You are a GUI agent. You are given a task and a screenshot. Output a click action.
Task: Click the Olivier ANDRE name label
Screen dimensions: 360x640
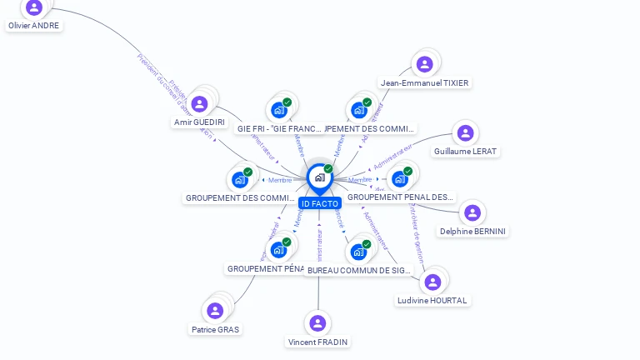tap(34, 26)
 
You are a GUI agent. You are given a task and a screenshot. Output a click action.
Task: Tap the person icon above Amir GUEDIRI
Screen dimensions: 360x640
tap(199, 104)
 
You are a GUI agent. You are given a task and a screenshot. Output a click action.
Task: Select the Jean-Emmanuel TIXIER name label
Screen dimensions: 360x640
tap(424, 82)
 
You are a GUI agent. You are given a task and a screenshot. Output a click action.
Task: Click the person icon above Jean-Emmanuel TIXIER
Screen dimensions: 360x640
tap(425, 64)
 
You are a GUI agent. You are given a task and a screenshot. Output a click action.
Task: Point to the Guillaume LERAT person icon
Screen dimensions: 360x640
tap(465, 132)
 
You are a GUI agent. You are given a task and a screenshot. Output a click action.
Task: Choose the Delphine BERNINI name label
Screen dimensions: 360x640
tap(472, 231)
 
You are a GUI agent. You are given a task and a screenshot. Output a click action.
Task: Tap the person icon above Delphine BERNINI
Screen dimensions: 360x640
tap(472, 212)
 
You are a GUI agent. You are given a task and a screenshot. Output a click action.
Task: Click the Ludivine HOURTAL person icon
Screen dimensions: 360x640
tap(432, 282)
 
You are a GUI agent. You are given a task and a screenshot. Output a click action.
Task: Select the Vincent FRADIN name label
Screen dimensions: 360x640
tap(317, 342)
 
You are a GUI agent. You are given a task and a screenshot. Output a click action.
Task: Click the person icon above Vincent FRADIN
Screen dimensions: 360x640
tap(317, 323)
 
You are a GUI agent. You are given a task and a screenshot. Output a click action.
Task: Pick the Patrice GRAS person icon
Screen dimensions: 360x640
tap(215, 311)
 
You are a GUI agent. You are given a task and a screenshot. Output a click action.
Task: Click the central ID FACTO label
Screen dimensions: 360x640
tap(320, 203)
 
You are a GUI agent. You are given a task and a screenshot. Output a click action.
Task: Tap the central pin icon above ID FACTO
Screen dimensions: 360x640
tap(319, 177)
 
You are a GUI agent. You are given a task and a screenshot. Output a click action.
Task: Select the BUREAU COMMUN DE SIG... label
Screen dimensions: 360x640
tap(359, 270)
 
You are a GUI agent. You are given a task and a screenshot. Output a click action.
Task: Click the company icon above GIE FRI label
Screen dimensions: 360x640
tap(279, 110)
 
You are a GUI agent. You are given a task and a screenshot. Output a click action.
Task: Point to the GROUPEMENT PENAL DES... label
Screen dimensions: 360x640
tap(401, 197)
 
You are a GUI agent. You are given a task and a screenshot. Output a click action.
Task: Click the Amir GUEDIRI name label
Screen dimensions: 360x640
tap(199, 122)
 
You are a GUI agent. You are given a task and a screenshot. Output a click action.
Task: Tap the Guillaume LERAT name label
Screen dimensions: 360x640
tap(465, 152)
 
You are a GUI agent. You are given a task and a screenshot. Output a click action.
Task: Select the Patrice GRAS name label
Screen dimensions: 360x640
tap(215, 329)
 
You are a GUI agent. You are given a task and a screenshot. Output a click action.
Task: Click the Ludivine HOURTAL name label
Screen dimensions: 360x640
tap(432, 300)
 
